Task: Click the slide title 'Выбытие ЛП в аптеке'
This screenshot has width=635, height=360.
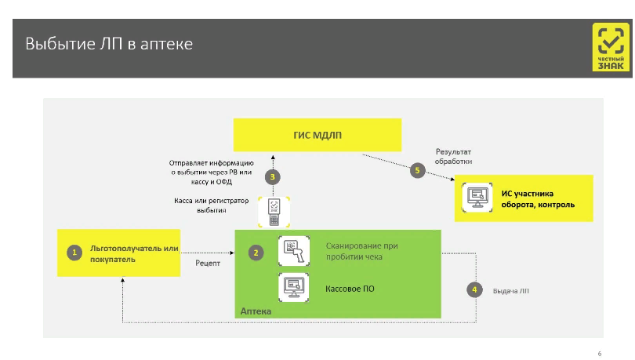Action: [109, 44]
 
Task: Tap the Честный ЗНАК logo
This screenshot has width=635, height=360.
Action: [611, 47]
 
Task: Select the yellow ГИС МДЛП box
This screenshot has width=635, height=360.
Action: [317, 135]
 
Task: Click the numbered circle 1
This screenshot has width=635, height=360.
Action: [74, 253]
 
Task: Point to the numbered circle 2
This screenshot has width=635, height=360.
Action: [256, 253]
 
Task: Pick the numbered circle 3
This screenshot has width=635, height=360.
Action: [273, 177]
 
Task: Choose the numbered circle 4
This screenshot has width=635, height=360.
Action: [474, 289]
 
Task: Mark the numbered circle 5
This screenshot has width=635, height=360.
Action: [418, 170]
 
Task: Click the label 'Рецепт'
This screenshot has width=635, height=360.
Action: [208, 264]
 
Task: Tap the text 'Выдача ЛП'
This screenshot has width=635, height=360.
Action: [510, 291]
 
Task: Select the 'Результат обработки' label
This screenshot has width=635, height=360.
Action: [453, 156]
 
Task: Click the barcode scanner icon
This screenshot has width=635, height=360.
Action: [294, 251]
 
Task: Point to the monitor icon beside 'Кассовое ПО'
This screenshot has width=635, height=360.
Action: [294, 287]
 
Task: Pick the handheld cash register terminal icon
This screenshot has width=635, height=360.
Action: [274, 213]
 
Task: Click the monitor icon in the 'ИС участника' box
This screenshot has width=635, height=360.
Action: [477, 198]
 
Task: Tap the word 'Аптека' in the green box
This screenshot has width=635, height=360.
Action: [256, 311]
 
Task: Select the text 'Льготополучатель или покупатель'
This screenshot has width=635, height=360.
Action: [134, 254]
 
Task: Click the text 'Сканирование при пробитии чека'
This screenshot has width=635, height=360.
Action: [361, 251]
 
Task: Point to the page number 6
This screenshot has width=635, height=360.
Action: [600, 354]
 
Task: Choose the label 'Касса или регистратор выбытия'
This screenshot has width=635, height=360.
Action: [212, 205]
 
